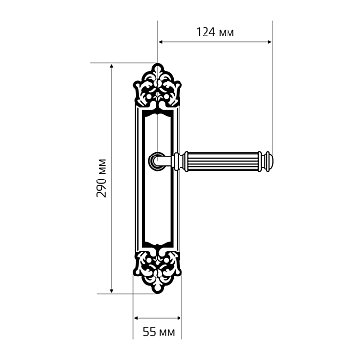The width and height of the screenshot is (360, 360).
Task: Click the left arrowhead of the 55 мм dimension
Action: (135, 317)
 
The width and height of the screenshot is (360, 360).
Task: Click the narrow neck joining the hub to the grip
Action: (174, 156)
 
